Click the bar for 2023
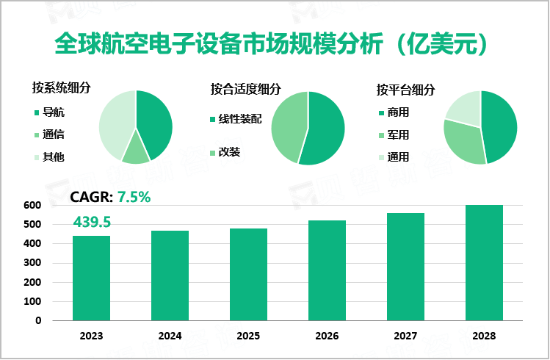click(91, 278)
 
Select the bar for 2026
click(327, 270)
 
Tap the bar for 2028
click(485, 262)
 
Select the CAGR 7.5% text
click(110, 196)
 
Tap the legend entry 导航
click(53, 112)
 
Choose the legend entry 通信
click(53, 134)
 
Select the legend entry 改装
click(229, 153)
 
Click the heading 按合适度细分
click(245, 90)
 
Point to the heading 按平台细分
click(405, 90)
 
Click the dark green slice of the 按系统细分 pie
click(155, 121)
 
